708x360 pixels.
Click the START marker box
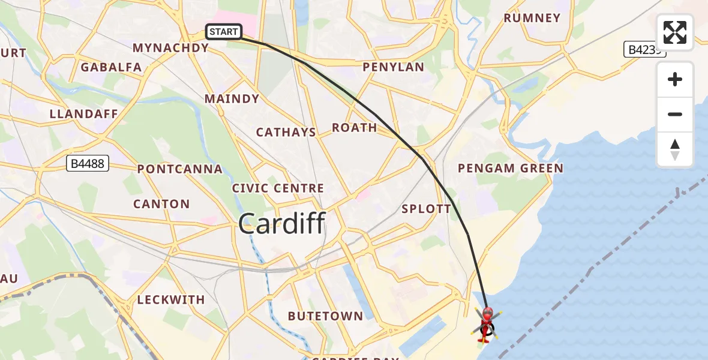pos(224,32)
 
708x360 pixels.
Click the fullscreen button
pos(675,32)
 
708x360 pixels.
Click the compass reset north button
pos(675,149)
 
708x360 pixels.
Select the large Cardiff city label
pos(281,224)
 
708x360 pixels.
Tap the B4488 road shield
pos(87,163)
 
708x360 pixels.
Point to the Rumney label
pos(532,18)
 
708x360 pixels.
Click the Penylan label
pos(393,67)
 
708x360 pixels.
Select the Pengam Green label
pos(511,169)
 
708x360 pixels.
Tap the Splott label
pos(426,209)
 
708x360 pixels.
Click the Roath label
pos(355,128)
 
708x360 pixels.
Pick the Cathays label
pos(286,133)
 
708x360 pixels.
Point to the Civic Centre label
pos(278,188)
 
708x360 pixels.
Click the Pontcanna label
pos(180,169)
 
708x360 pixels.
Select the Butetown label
pos(325,316)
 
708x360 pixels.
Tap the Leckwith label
pos(171,299)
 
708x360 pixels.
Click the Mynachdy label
pos(170,48)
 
